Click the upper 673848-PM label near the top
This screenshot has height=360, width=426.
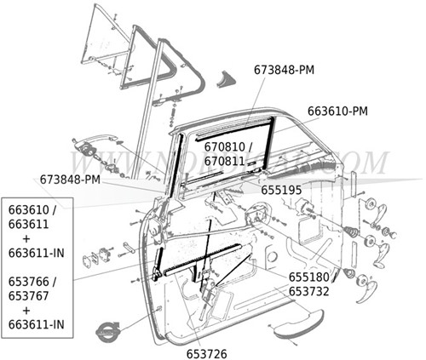pos(284,69)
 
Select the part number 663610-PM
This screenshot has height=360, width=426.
pos(337,111)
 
